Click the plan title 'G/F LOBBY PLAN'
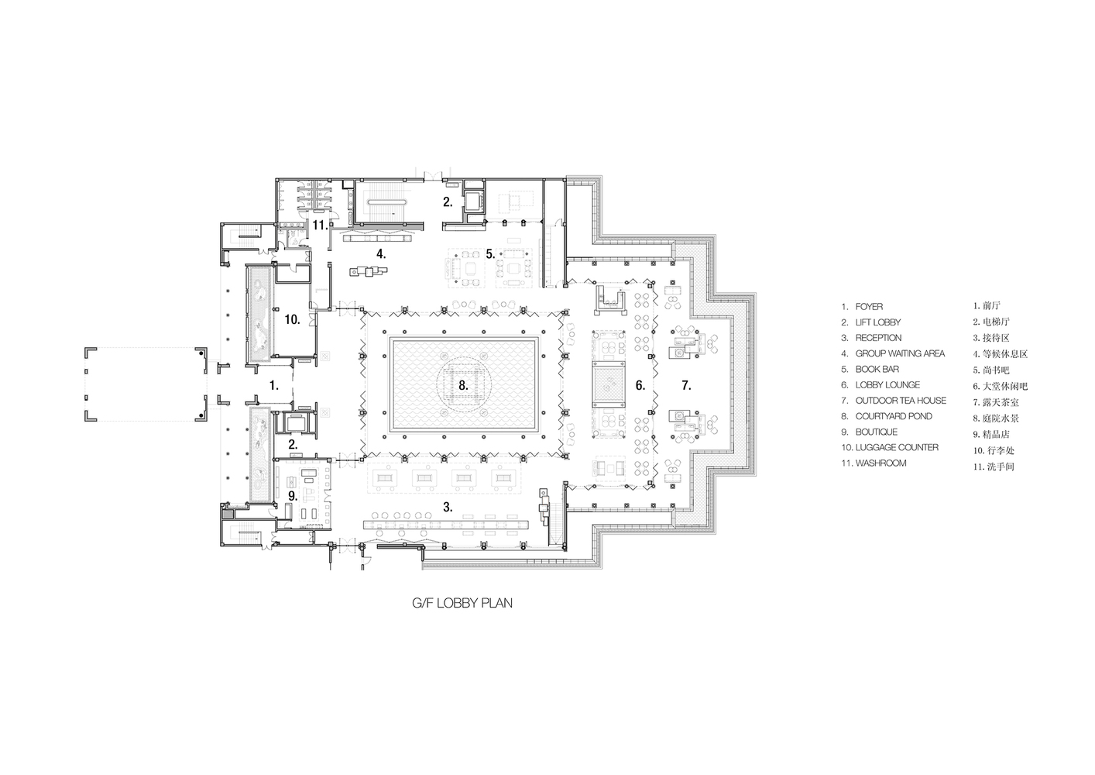pos(462,603)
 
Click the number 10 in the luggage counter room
pos(292,319)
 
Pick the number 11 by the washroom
pos(320,225)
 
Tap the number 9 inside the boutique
pos(292,496)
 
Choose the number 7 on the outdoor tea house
pos(686,385)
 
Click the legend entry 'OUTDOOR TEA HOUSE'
pos(901,401)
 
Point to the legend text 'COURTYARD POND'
pos(894,416)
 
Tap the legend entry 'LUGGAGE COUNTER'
pos(897,448)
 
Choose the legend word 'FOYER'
pos(869,307)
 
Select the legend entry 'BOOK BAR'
pos(877,370)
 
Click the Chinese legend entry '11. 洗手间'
pos(994,467)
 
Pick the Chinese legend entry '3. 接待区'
pos(991,338)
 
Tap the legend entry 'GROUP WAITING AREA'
pos(900,353)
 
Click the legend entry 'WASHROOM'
pos(880,463)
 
